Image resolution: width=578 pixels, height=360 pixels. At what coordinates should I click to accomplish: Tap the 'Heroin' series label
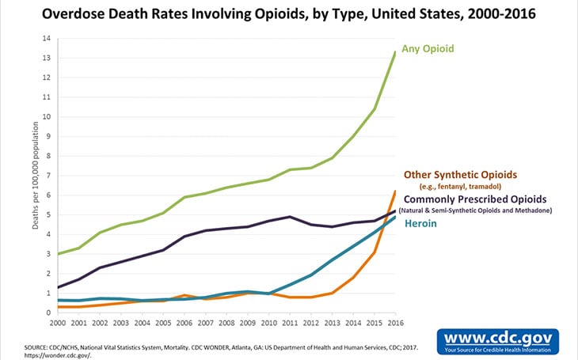coord(424,225)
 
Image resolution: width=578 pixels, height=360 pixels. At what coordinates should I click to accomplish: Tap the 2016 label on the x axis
coord(394,324)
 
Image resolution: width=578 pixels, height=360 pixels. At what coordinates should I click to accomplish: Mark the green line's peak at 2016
coord(394,52)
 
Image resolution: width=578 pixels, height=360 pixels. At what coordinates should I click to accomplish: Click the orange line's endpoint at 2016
coord(394,191)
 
